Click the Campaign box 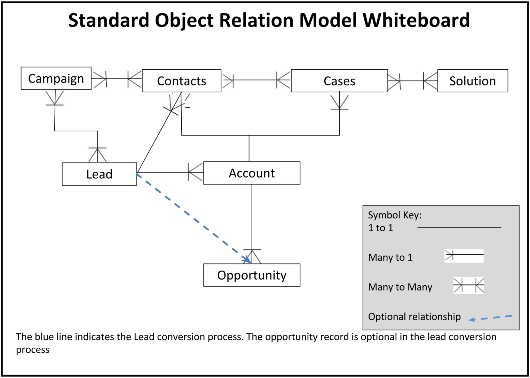[56, 78]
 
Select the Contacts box [181, 81]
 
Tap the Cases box [339, 81]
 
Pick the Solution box [473, 81]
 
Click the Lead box [100, 174]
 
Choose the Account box [252, 173]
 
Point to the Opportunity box [252, 275]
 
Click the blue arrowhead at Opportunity [247, 259]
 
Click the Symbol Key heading [395, 215]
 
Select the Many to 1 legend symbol [464, 256]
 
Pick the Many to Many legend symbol [468, 285]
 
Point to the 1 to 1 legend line [459, 227]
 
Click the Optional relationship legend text [414, 317]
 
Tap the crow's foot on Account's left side [196, 172]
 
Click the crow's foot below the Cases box [340, 102]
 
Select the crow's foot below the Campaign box [55, 98]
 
